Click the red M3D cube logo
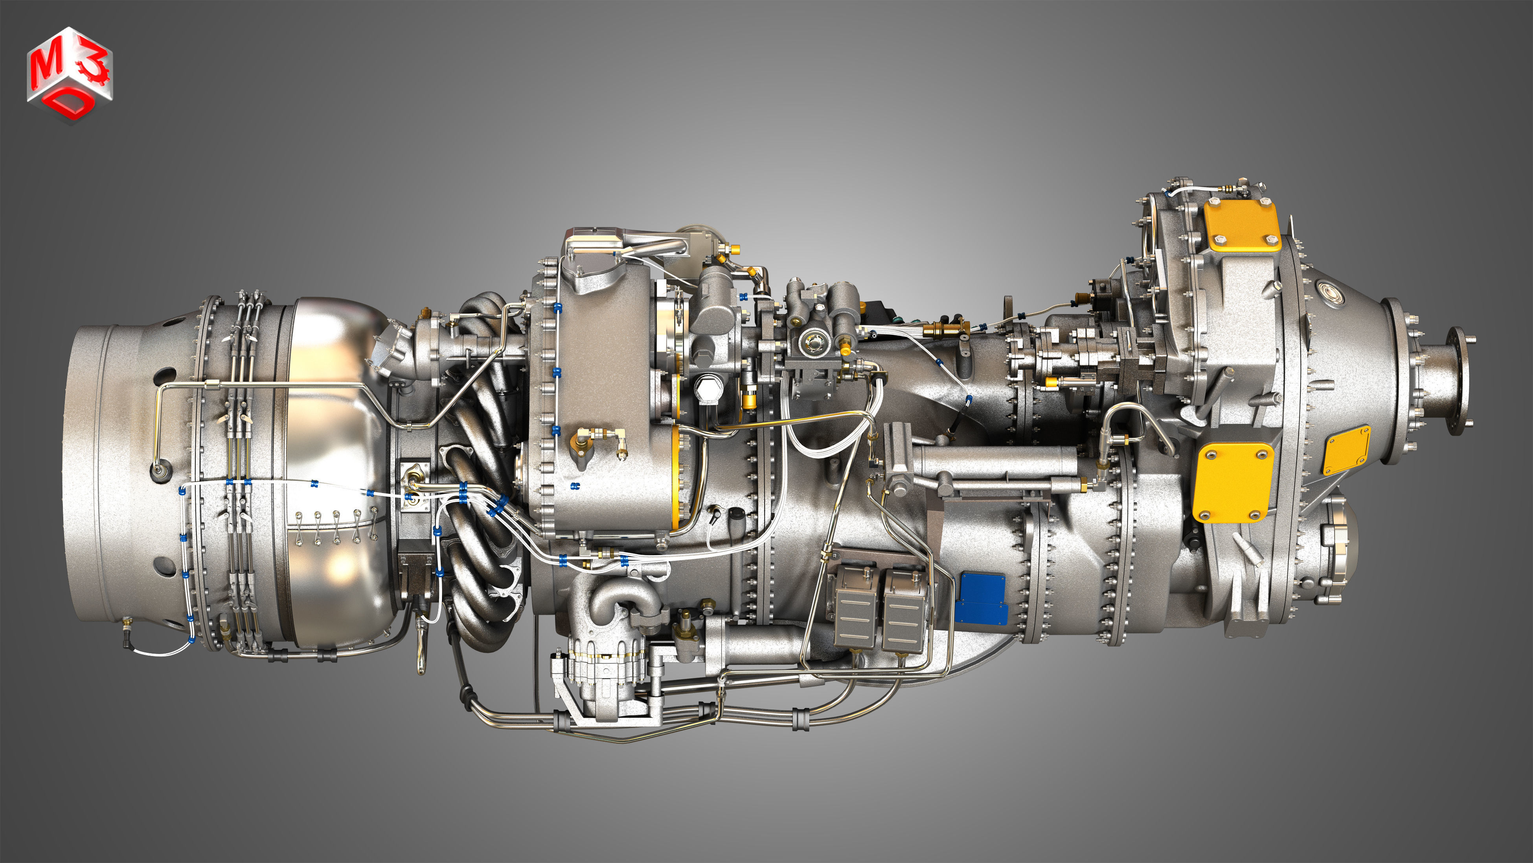coord(69,74)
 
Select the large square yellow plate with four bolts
coord(1233,482)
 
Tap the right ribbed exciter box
coord(903,610)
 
